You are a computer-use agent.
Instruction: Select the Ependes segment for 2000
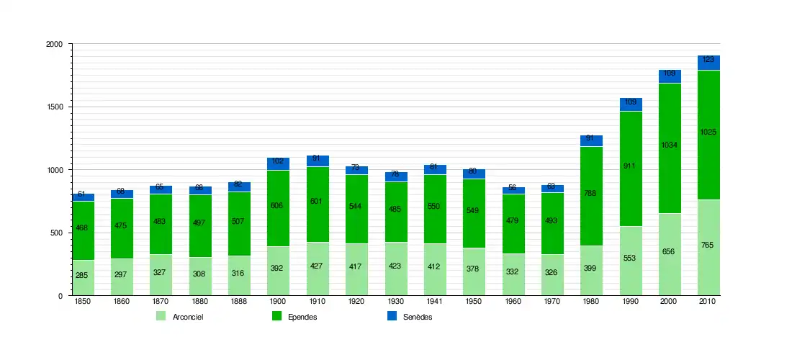tap(670, 173)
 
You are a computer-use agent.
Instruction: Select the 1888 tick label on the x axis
tap(239, 302)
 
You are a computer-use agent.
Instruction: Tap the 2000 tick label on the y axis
tap(55, 45)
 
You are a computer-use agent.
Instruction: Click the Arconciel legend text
tap(188, 318)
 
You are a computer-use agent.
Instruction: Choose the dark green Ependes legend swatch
tap(276, 316)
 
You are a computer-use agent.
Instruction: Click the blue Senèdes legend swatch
tap(392, 316)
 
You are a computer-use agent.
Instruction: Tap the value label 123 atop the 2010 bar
tap(708, 60)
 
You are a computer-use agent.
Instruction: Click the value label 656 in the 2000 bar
tap(670, 251)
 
